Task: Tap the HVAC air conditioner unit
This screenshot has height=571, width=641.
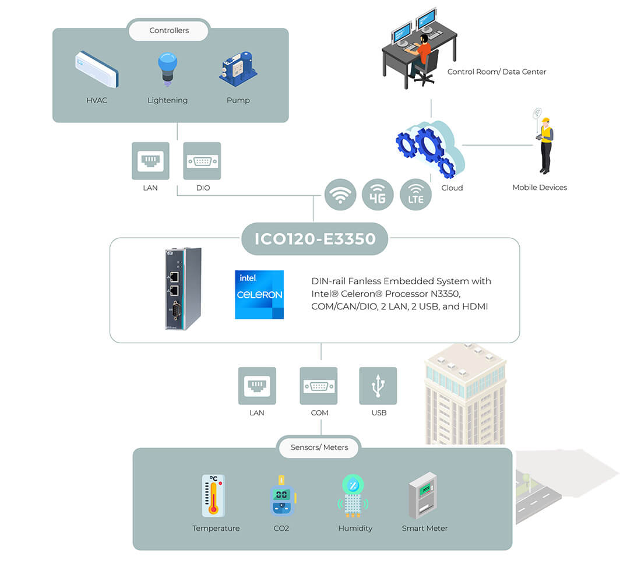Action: point(97,69)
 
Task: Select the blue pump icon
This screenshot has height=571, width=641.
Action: point(238,68)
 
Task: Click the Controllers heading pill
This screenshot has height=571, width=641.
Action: point(169,30)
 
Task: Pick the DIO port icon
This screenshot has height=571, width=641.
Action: point(202,161)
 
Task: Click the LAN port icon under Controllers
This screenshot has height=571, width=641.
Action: point(150,161)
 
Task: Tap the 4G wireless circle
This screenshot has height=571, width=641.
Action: point(378,195)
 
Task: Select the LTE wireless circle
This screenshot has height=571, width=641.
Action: point(415,195)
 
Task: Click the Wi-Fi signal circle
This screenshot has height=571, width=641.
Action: point(340,195)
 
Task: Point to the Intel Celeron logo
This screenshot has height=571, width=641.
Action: point(259,295)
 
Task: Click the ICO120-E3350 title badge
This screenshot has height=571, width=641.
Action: point(315,239)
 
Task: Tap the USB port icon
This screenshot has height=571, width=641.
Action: point(378,386)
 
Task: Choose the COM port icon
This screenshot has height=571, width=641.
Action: point(318,386)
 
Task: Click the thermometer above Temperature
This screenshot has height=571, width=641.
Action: point(213,496)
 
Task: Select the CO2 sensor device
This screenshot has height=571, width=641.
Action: point(283,495)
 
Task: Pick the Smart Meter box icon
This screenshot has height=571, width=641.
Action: point(423,495)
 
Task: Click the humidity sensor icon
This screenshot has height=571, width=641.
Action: point(353,495)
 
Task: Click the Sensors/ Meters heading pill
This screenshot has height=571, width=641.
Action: point(319,447)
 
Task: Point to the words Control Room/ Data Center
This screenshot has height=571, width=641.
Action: point(496,72)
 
